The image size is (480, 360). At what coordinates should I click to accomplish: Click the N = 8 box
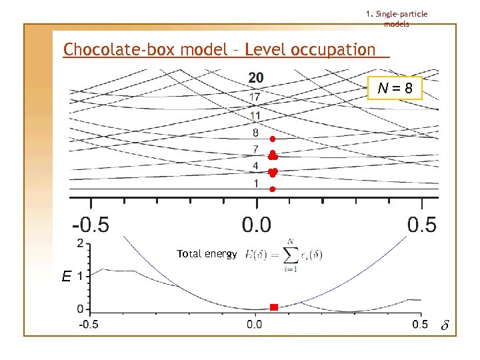click(x=395, y=88)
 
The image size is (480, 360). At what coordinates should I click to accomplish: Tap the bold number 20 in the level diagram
click(x=255, y=78)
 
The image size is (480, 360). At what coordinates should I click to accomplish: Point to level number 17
click(x=255, y=97)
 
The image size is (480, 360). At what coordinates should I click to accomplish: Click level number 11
click(x=255, y=115)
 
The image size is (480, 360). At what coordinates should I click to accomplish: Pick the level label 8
click(x=256, y=133)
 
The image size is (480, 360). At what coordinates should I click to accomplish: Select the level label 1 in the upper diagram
click(x=256, y=183)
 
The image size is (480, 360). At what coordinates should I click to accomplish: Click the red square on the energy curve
click(x=273, y=307)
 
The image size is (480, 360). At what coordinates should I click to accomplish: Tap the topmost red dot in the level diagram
click(x=273, y=138)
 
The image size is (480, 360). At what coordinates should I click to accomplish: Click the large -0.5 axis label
click(x=91, y=225)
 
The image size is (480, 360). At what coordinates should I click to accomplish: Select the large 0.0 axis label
click(x=256, y=225)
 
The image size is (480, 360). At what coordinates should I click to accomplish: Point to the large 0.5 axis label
click(x=422, y=225)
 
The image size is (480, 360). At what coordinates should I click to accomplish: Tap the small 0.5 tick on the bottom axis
click(x=419, y=325)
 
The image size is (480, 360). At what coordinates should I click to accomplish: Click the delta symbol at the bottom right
click(x=446, y=327)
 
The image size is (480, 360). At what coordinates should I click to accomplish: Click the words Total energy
click(x=207, y=254)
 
